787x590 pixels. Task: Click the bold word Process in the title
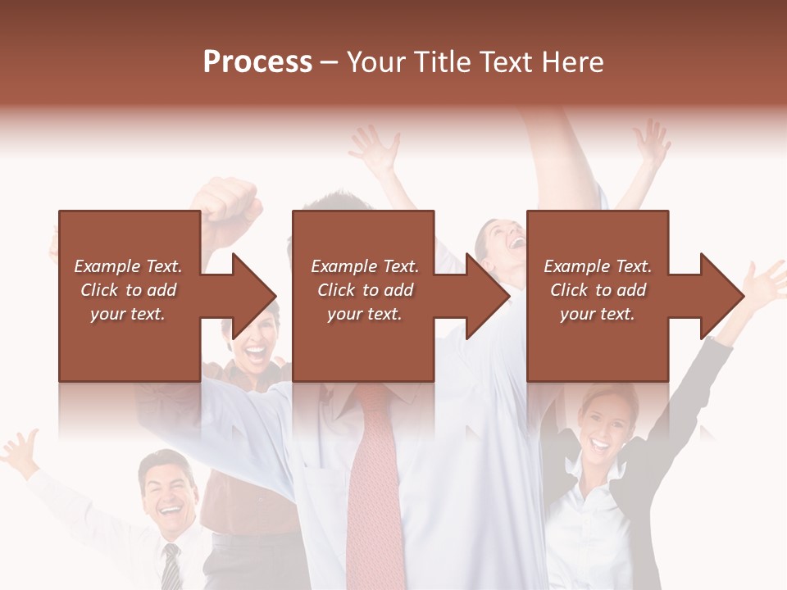point(257,61)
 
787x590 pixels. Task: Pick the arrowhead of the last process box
point(721,296)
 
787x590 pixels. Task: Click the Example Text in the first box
point(128,266)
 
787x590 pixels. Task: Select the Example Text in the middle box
point(364,266)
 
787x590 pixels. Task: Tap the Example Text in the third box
point(598,266)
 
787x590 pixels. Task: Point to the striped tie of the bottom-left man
point(171,565)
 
